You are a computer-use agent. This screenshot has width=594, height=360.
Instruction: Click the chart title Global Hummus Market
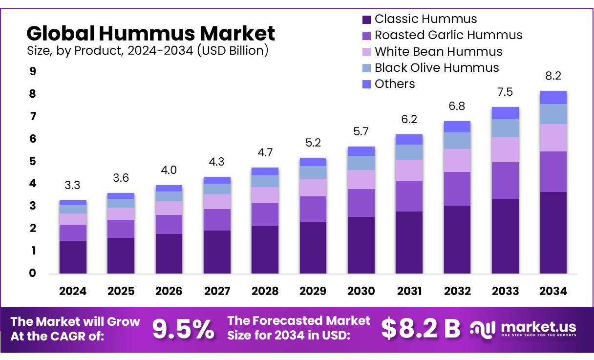click(x=150, y=33)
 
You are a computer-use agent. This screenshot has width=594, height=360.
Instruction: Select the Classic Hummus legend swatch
click(x=367, y=20)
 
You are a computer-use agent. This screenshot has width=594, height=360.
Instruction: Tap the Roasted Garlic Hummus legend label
click(x=448, y=35)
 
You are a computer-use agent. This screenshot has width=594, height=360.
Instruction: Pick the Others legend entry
click(x=394, y=84)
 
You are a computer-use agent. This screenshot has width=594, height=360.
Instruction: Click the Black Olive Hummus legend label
click(x=436, y=68)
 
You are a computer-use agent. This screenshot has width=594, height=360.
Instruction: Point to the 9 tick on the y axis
click(x=33, y=72)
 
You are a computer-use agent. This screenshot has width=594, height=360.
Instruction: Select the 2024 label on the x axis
click(x=73, y=292)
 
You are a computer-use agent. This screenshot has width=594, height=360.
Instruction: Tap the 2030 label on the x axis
click(x=361, y=292)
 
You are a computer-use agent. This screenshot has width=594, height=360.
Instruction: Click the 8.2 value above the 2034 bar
click(x=553, y=76)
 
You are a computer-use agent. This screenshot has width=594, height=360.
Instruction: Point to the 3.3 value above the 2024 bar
click(x=73, y=186)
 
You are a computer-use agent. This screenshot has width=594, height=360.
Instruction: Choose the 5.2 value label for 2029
click(x=313, y=143)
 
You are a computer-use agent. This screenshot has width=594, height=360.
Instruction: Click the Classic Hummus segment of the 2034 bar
click(x=553, y=233)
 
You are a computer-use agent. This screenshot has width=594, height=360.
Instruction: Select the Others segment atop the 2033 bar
click(x=505, y=113)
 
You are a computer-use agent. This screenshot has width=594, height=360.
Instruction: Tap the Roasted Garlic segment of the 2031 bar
click(x=409, y=196)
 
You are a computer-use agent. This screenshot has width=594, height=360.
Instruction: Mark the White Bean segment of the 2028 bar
click(x=265, y=195)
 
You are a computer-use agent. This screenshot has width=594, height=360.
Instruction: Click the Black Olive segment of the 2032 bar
click(x=457, y=141)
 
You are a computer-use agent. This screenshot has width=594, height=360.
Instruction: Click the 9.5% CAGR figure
click(x=183, y=329)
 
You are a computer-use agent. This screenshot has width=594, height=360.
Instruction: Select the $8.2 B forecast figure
click(x=421, y=329)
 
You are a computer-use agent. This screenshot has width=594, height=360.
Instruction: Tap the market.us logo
click(x=523, y=328)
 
